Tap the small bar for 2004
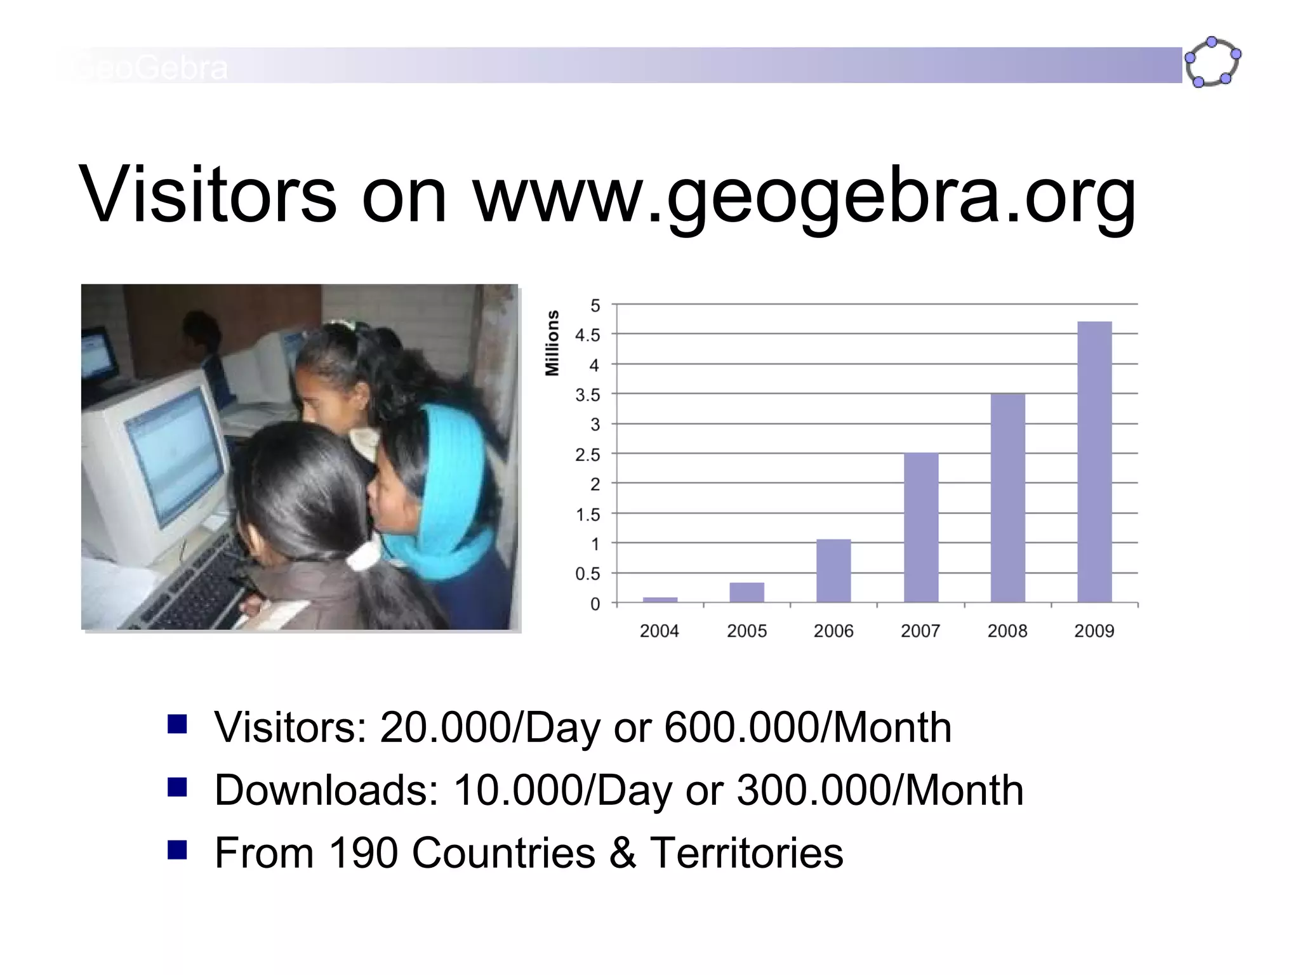pyautogui.click(x=660, y=599)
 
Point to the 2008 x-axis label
pyautogui.click(x=1007, y=631)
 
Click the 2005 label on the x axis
pyautogui.click(x=746, y=631)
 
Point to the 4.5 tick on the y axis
pyautogui.click(x=587, y=335)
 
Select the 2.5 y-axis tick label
pyautogui.click(x=587, y=454)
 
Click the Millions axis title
pyautogui.click(x=552, y=343)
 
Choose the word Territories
pyautogui.click(x=746, y=852)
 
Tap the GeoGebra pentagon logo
pyautogui.click(x=1212, y=62)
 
